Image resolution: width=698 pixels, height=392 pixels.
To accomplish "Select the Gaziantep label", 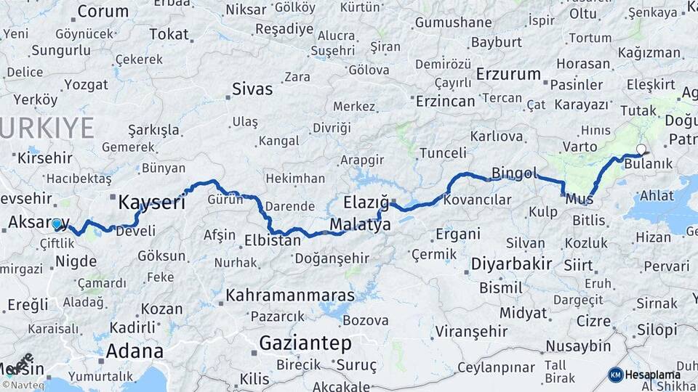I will coord(305,343).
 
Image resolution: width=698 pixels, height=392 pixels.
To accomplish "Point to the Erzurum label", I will coord(509,74).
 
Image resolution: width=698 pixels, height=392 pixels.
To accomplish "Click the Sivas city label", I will coord(252,89).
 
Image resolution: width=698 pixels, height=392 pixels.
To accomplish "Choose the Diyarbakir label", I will coord(511,263).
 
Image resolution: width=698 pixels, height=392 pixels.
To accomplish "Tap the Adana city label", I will coord(135,351).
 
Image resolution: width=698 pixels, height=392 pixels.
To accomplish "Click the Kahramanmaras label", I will coord(290,295).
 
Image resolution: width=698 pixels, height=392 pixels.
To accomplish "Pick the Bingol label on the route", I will coord(514,173).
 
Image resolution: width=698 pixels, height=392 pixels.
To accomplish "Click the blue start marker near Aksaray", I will coord(57,224).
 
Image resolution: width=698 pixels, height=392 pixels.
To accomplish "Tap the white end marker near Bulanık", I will coord(641,150).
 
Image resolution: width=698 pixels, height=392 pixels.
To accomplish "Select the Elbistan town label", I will coord(273,240).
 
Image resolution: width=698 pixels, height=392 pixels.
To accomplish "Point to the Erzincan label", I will coord(445,101).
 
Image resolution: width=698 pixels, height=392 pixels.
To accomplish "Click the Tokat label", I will coord(169,34).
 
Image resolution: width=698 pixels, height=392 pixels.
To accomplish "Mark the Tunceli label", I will coord(443,152).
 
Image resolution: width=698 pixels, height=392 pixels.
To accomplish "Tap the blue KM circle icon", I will coord(615,375).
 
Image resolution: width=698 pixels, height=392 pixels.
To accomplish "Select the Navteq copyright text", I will coord(22,385).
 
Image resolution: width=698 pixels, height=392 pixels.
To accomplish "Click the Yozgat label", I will coord(86,84).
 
